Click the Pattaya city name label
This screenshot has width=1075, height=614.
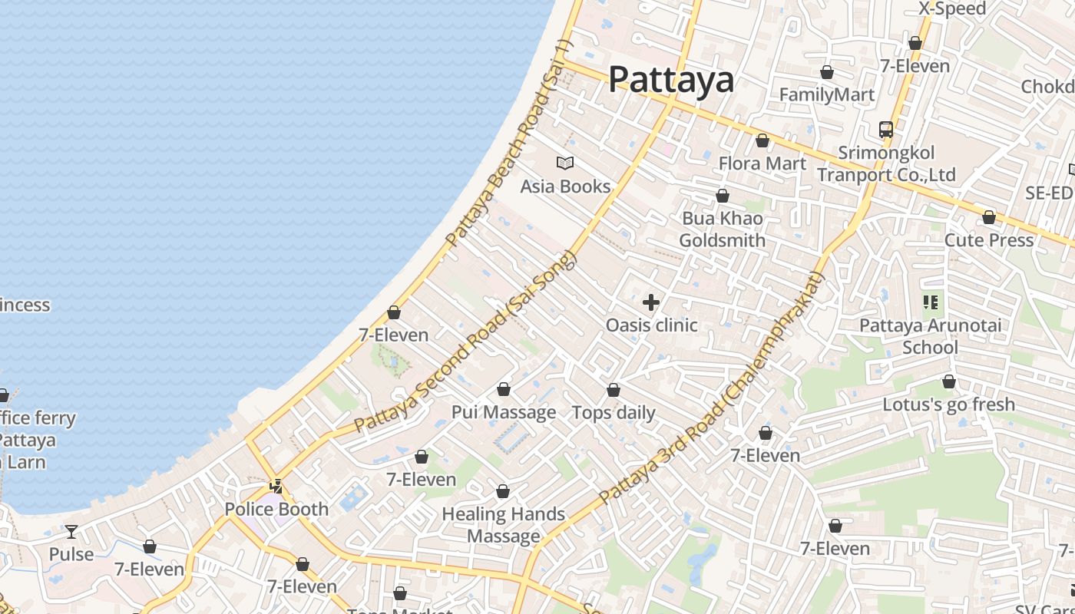click(671, 80)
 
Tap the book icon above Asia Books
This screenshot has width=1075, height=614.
click(565, 163)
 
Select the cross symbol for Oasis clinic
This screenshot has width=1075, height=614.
click(651, 302)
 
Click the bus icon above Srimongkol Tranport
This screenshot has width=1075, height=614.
click(886, 129)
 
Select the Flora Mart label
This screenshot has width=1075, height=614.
click(762, 163)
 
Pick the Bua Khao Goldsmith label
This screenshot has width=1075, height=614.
click(723, 229)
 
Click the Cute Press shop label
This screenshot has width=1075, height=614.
click(989, 240)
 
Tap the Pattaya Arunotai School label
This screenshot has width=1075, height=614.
click(930, 336)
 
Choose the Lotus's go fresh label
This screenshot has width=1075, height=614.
click(948, 404)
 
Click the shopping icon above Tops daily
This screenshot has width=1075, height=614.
click(614, 391)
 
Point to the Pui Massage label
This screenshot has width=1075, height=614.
click(504, 412)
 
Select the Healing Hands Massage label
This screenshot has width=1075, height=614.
click(503, 525)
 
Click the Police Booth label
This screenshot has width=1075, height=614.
click(276, 509)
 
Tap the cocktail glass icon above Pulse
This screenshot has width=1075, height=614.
click(71, 531)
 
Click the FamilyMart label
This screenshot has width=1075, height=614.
click(827, 94)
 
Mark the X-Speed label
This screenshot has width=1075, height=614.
click(952, 9)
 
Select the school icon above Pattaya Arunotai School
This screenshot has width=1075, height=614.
click(931, 302)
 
